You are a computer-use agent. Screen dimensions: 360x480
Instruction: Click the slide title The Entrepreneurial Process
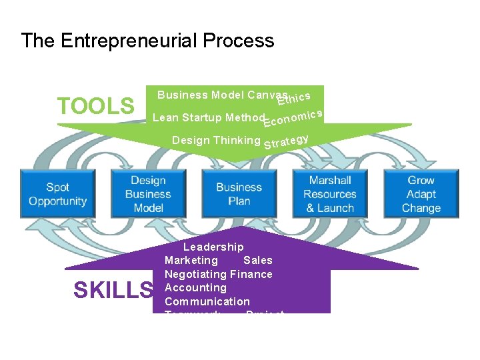pyautogui.click(x=147, y=41)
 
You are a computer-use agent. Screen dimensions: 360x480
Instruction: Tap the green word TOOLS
pyautogui.click(x=95, y=106)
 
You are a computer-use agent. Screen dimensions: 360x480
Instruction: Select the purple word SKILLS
pyautogui.click(x=113, y=291)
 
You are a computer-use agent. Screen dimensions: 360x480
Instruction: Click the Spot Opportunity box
pyautogui.click(x=58, y=194)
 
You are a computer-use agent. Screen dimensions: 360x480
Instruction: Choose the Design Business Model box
pyautogui.click(x=148, y=194)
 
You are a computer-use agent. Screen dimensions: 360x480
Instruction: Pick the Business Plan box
pyautogui.click(x=239, y=194)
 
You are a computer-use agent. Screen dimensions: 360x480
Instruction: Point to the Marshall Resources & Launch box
pyautogui.click(x=330, y=194)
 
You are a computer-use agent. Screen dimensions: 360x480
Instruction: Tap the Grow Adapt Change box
pyautogui.click(x=421, y=194)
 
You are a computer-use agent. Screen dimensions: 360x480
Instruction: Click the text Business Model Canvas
pyautogui.click(x=222, y=95)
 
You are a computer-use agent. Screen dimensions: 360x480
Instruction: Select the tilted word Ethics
pyautogui.click(x=294, y=99)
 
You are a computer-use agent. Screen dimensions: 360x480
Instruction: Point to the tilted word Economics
pyautogui.click(x=293, y=118)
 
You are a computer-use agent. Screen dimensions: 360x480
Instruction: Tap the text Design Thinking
pyautogui.click(x=216, y=140)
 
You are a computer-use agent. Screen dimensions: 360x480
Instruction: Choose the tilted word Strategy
pyautogui.click(x=286, y=142)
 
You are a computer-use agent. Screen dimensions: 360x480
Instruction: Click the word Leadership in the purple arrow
pyautogui.click(x=213, y=247)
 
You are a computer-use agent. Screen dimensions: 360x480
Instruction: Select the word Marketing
pyautogui.click(x=191, y=261)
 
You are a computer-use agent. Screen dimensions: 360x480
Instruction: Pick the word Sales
pyautogui.click(x=258, y=261)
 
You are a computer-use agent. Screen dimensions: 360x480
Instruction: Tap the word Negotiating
pyautogui.click(x=195, y=274)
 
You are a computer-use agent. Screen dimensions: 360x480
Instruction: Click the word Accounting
pyautogui.click(x=195, y=288)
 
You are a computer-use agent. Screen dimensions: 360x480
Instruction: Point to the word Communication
pyautogui.click(x=207, y=301)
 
